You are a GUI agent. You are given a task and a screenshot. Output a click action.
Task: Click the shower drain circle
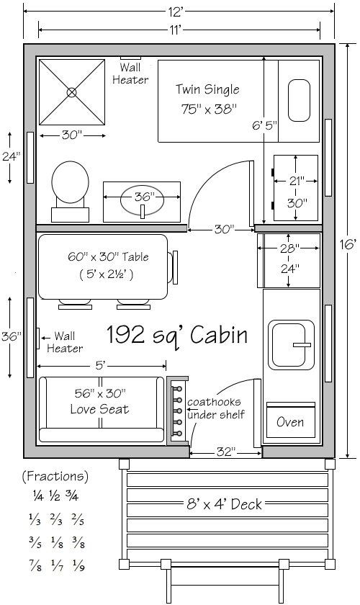[72, 92]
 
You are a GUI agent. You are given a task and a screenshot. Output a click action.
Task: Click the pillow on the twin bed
[299, 101]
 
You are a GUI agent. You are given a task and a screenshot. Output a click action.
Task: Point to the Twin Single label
[207, 89]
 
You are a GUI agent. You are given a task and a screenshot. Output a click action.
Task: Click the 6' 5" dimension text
[265, 125]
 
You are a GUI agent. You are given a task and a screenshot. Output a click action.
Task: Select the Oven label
[290, 422]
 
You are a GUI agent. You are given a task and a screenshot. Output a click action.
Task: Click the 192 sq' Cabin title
[176, 335]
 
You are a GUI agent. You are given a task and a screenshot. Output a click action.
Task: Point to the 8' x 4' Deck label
[224, 504]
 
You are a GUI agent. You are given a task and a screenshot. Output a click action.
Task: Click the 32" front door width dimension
[226, 452]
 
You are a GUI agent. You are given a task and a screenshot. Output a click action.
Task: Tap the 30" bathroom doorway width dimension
[225, 230]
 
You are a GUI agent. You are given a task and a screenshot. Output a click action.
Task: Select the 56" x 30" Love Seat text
[100, 401]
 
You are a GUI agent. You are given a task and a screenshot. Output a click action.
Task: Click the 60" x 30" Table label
[108, 256]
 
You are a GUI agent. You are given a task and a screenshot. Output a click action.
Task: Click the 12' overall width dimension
[175, 12]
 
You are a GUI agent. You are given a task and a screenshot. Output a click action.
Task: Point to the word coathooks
[214, 402]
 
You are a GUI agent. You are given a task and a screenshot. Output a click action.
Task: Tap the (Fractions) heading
[55, 477]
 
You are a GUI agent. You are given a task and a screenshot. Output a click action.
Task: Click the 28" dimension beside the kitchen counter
[289, 248]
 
